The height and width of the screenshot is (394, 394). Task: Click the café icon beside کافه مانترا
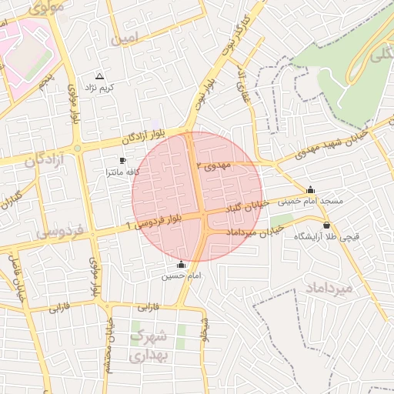(x=122, y=160)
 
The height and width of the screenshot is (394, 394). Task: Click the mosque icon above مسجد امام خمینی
(x=311, y=189)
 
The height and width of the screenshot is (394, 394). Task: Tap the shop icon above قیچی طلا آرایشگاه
(x=327, y=225)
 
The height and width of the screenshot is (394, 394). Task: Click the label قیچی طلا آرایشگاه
(x=320, y=237)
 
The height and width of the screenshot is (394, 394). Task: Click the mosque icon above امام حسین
(x=182, y=264)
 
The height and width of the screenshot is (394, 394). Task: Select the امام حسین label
(x=182, y=275)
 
